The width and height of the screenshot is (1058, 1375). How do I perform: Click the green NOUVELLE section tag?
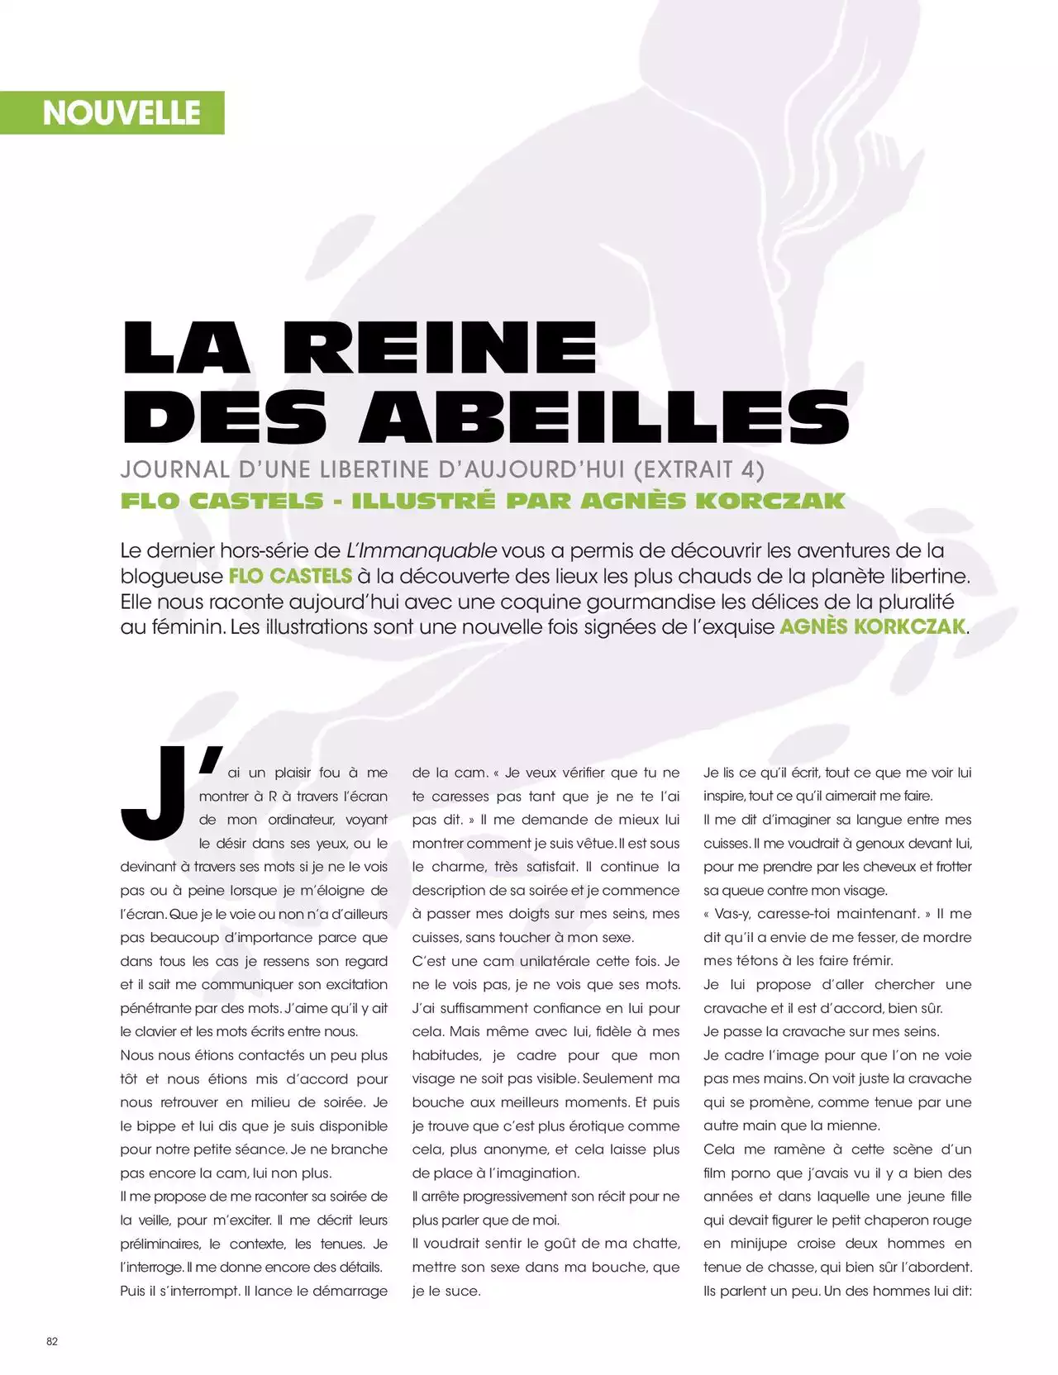(x=121, y=113)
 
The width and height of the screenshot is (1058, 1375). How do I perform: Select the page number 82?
(x=52, y=1340)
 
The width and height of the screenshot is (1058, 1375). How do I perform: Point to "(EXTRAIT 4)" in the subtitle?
(x=698, y=469)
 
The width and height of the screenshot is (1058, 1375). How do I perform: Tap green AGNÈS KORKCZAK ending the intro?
(x=873, y=626)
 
